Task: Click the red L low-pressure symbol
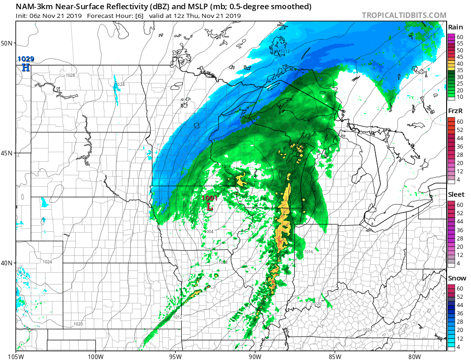point(210,207)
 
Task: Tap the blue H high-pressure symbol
point(26,68)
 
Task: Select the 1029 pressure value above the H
point(26,59)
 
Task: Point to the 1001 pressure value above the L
point(210,198)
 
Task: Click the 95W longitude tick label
point(175,355)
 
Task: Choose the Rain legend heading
point(455,27)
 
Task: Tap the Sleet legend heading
point(456,194)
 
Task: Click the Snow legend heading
point(457,278)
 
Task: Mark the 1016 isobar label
point(308,252)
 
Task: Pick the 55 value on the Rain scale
point(459,43)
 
